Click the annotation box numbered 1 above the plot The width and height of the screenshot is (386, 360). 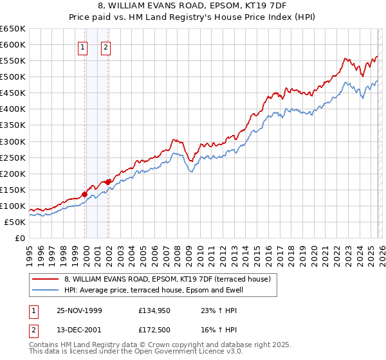pos(84,46)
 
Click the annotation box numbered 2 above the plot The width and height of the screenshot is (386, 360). pos(105,46)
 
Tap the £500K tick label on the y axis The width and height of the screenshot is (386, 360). pos(13,77)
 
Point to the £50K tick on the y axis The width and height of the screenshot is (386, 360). pos(15,222)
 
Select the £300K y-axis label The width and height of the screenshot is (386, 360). pos(13,141)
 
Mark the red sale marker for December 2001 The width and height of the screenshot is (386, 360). pos(108,182)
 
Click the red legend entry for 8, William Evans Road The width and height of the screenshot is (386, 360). pos(170,279)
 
